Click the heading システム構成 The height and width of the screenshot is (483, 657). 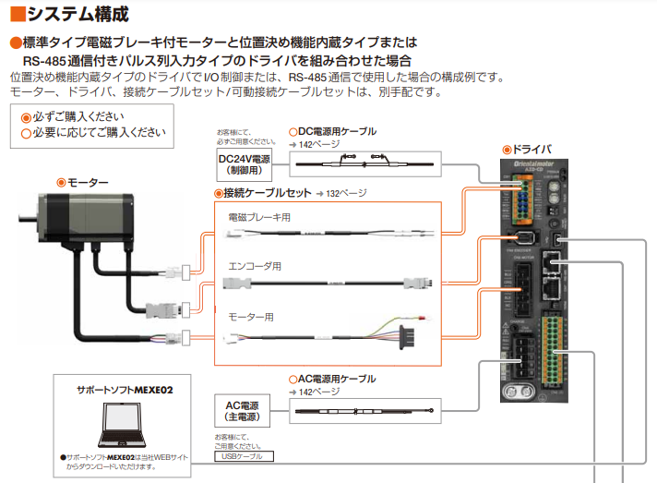point(68,14)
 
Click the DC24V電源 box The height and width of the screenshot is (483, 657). point(244,164)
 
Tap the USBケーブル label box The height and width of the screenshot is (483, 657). point(243,455)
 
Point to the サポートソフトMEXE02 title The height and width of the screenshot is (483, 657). point(125,391)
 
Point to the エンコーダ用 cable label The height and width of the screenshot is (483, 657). point(255,266)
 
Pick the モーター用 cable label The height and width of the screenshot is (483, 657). point(251,316)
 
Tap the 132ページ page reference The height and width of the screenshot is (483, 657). point(347,193)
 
